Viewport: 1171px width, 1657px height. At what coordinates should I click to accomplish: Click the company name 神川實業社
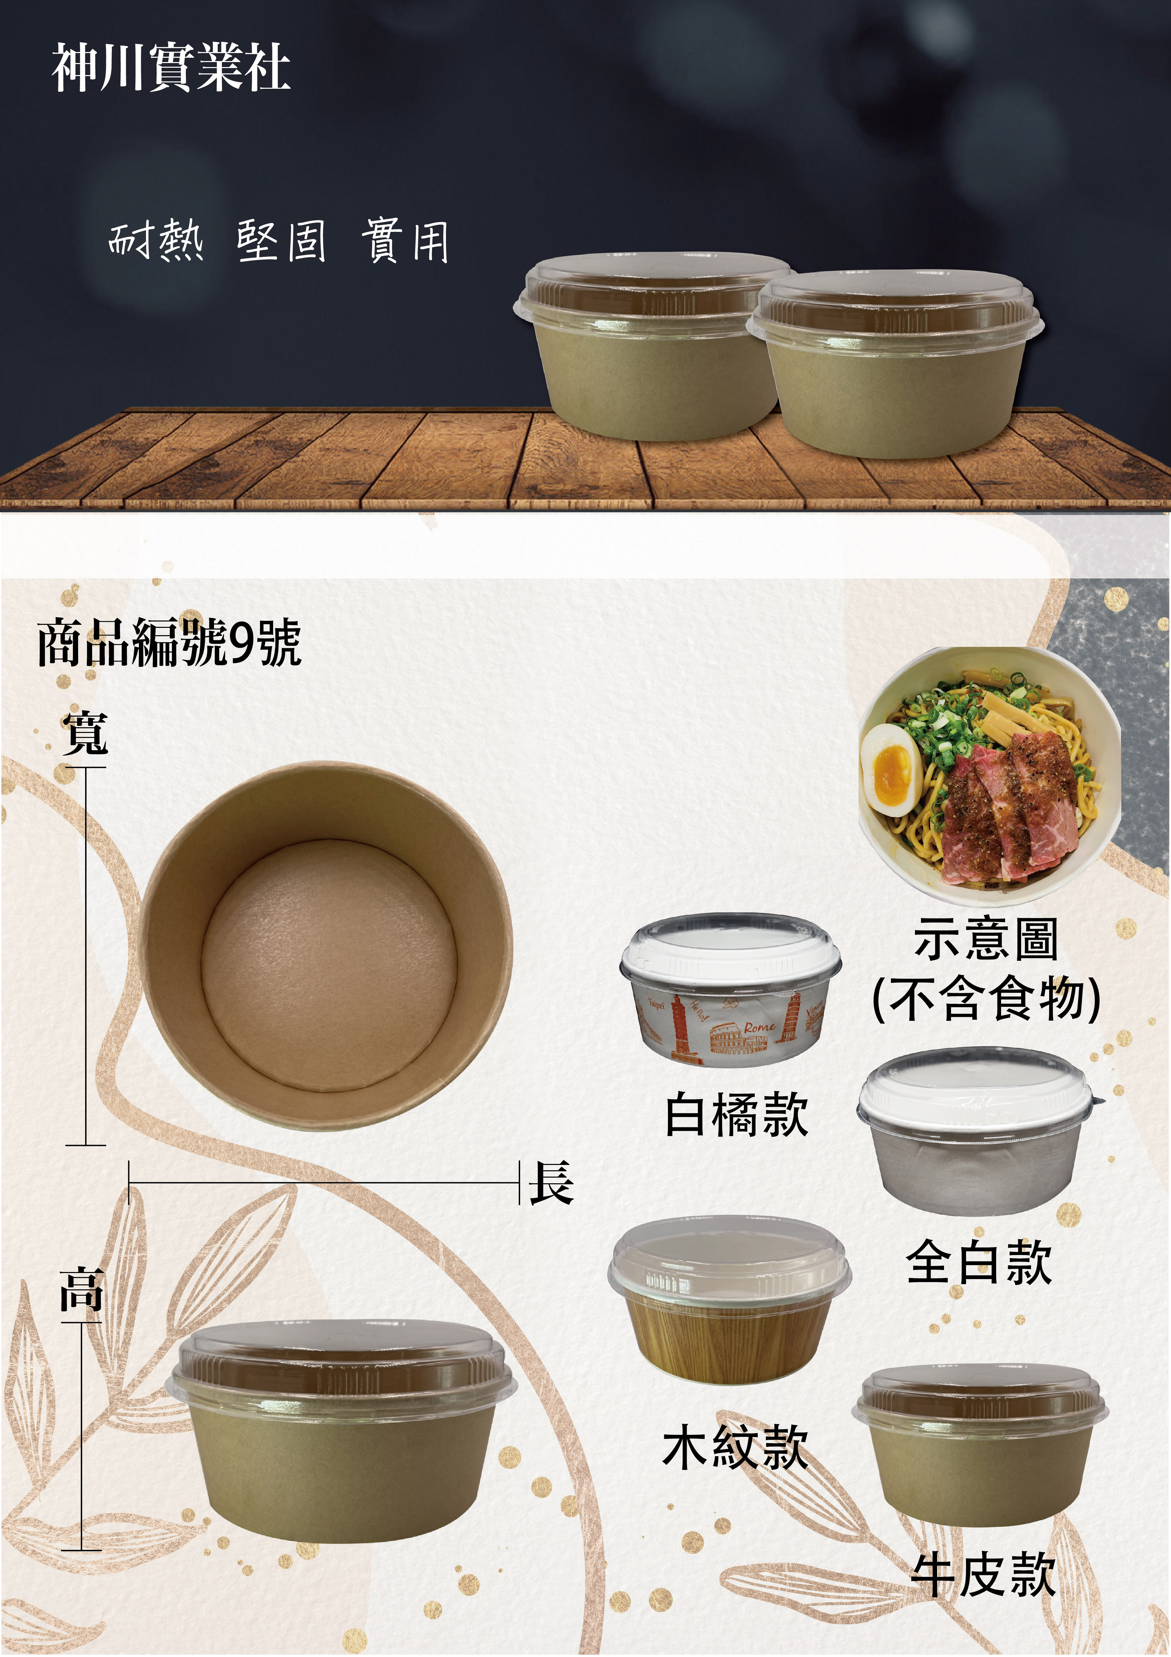point(171,68)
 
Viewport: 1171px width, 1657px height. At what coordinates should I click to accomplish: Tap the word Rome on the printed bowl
point(759,1026)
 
